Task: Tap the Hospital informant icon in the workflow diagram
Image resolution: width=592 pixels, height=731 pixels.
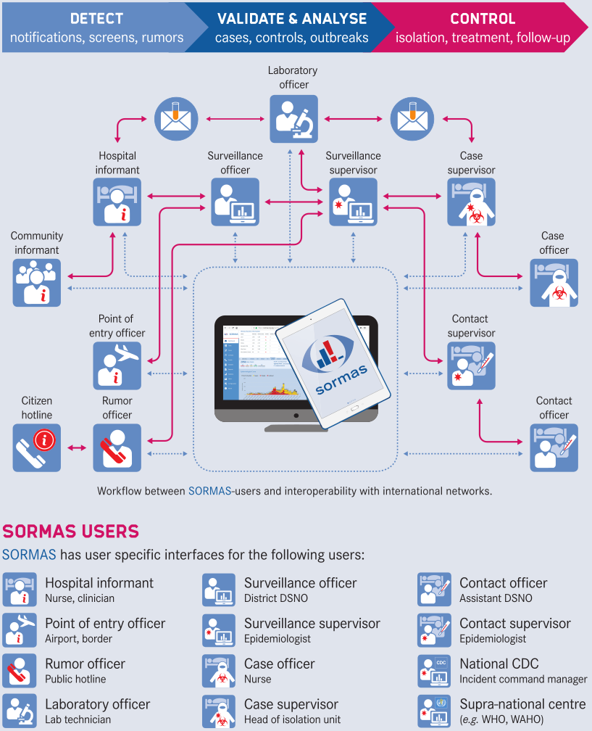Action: pos(117,201)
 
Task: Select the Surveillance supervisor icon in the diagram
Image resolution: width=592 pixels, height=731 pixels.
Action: pos(353,201)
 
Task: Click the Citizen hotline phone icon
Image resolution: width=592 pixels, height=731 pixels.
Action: pos(37,448)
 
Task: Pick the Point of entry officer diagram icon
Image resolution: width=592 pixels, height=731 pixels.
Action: pos(117,365)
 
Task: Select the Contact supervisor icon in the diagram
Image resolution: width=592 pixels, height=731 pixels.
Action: pos(471,365)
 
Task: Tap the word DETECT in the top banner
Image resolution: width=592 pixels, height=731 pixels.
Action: pos(96,18)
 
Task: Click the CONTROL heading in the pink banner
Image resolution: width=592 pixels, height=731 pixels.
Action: pos(483,18)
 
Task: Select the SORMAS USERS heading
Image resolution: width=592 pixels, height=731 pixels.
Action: pos(71,531)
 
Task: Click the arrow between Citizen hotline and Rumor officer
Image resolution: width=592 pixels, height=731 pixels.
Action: pos(77,448)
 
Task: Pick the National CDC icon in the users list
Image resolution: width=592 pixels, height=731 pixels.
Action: pos(435,671)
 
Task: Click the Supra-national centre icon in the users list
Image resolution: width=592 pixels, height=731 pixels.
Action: pos(435,711)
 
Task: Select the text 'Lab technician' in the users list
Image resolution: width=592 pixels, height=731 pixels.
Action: pos(78,719)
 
